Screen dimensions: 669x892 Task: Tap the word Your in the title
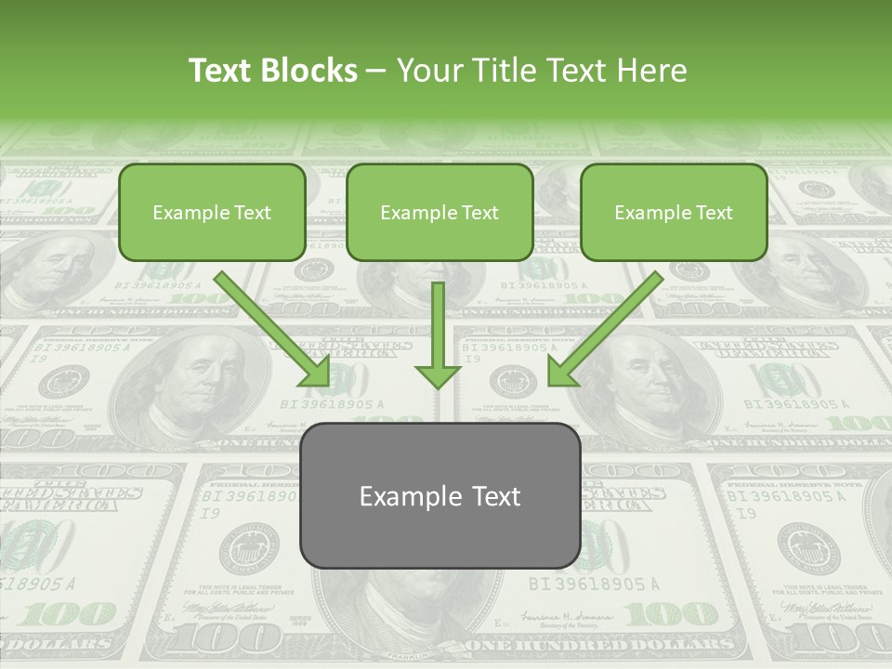tap(428, 71)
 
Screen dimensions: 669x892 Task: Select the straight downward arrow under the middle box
tap(438, 334)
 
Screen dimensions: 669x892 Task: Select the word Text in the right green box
tap(714, 213)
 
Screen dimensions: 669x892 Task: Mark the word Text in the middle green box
tap(479, 213)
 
